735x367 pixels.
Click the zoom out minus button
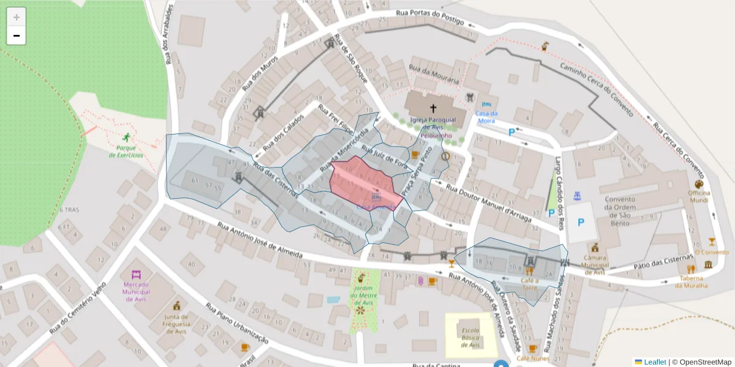(17, 35)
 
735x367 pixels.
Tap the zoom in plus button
(17, 17)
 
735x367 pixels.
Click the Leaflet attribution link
(655, 362)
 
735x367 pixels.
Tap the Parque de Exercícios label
(126, 151)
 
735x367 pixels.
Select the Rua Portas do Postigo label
(430, 13)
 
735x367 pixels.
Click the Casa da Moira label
(486, 117)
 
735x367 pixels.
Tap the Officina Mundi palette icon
(699, 184)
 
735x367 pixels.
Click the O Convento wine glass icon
(712, 242)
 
